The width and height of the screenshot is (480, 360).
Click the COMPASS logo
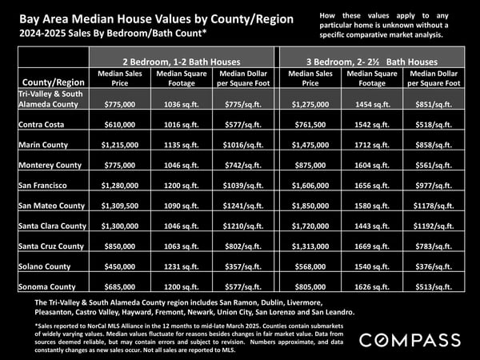click(410, 340)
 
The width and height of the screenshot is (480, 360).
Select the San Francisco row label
click(42, 186)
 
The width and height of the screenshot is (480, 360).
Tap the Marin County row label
click(43, 145)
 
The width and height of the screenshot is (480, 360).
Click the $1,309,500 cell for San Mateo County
click(120, 206)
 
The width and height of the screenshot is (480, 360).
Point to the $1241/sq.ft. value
click(243, 206)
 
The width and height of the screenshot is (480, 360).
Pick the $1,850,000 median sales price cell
click(310, 206)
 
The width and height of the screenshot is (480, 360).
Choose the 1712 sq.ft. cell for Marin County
click(372, 145)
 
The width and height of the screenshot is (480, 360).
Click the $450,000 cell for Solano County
click(120, 266)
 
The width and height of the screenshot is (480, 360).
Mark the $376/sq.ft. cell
click(434, 266)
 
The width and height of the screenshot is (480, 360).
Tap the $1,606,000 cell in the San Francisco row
click(310, 186)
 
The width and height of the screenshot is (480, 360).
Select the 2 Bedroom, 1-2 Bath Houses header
click(182, 62)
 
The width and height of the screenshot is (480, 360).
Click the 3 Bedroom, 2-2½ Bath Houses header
click(372, 62)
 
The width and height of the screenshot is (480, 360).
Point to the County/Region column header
click(54, 82)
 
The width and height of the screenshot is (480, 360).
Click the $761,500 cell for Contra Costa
click(310, 125)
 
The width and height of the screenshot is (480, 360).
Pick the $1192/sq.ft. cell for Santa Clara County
click(434, 226)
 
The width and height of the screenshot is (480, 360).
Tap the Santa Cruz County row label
click(51, 246)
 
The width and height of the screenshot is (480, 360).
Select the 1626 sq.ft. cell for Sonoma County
click(372, 287)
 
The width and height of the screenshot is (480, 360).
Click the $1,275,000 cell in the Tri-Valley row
click(310, 104)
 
